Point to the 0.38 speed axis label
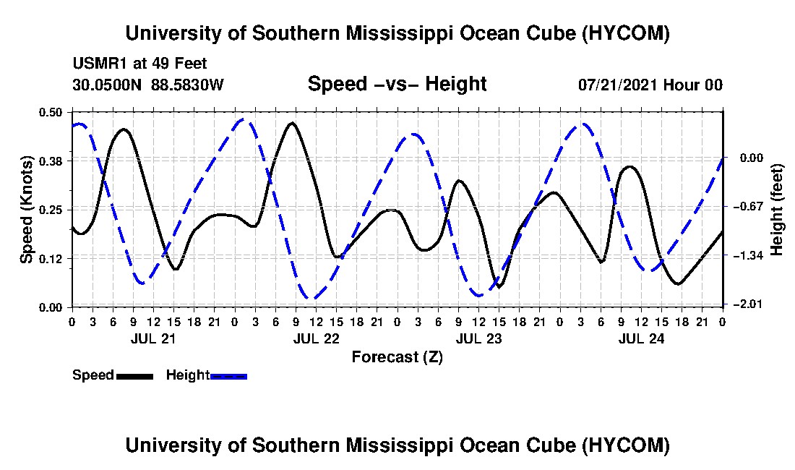point(50,161)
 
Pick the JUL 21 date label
point(153,338)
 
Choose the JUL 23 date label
point(478,338)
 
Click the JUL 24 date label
point(641,338)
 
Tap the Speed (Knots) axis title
point(26,210)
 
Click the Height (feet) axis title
point(776,210)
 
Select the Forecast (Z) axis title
point(397,357)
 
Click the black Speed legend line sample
point(134,376)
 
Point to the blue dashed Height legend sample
point(228,376)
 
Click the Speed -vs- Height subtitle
point(397,84)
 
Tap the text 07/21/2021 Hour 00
point(650,85)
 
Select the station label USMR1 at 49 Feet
point(140,64)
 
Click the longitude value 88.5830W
point(187,85)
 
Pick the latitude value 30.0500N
point(107,85)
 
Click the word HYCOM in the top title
point(626,33)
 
